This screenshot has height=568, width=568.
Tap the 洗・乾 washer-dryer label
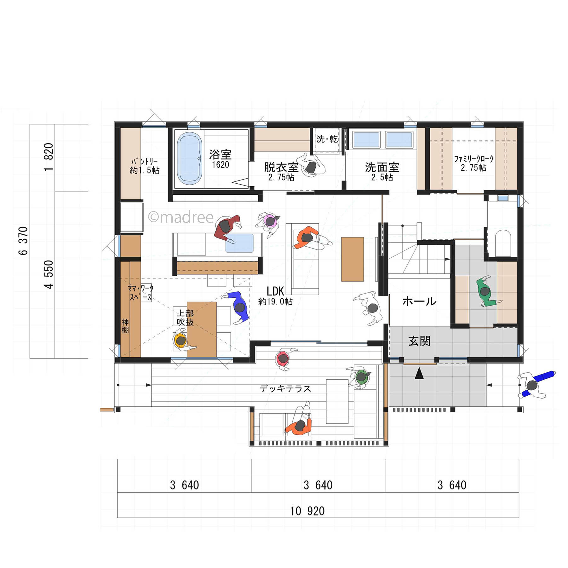[x=327, y=139]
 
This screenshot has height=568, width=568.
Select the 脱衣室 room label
[x=281, y=167]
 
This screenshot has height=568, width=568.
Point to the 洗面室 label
[x=382, y=167]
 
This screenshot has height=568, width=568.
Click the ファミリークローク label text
[x=473, y=159]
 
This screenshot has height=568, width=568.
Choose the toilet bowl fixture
[x=502, y=243]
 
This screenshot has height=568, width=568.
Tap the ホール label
[x=419, y=301]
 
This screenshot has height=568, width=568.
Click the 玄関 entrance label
[x=419, y=341]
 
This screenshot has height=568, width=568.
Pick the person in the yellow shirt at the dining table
[x=183, y=340]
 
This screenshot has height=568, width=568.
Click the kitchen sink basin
[x=240, y=243]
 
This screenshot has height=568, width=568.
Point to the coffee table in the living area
[x=353, y=259]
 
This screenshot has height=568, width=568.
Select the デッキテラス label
[x=285, y=389]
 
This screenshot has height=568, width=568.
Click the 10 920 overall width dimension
[x=307, y=511]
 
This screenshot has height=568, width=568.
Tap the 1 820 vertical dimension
[x=49, y=157]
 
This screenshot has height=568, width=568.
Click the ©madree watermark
[x=181, y=217]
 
